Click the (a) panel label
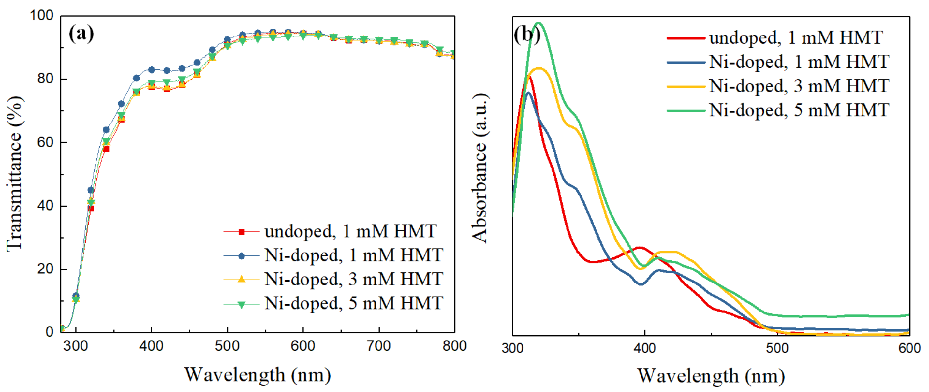tap(81, 34)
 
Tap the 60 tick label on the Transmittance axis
tap(45, 142)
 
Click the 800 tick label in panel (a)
tap(454, 346)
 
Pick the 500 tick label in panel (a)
tap(227, 346)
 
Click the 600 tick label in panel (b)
tap(909, 348)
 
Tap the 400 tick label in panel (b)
tap(644, 348)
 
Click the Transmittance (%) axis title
tap(15, 173)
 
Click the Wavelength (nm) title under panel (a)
tap(258, 375)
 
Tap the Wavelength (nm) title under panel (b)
tap(711, 376)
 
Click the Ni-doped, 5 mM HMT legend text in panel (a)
tap(353, 303)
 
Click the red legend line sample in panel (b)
tap(686, 38)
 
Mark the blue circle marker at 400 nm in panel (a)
tap(152, 70)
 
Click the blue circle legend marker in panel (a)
tap(242, 256)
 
